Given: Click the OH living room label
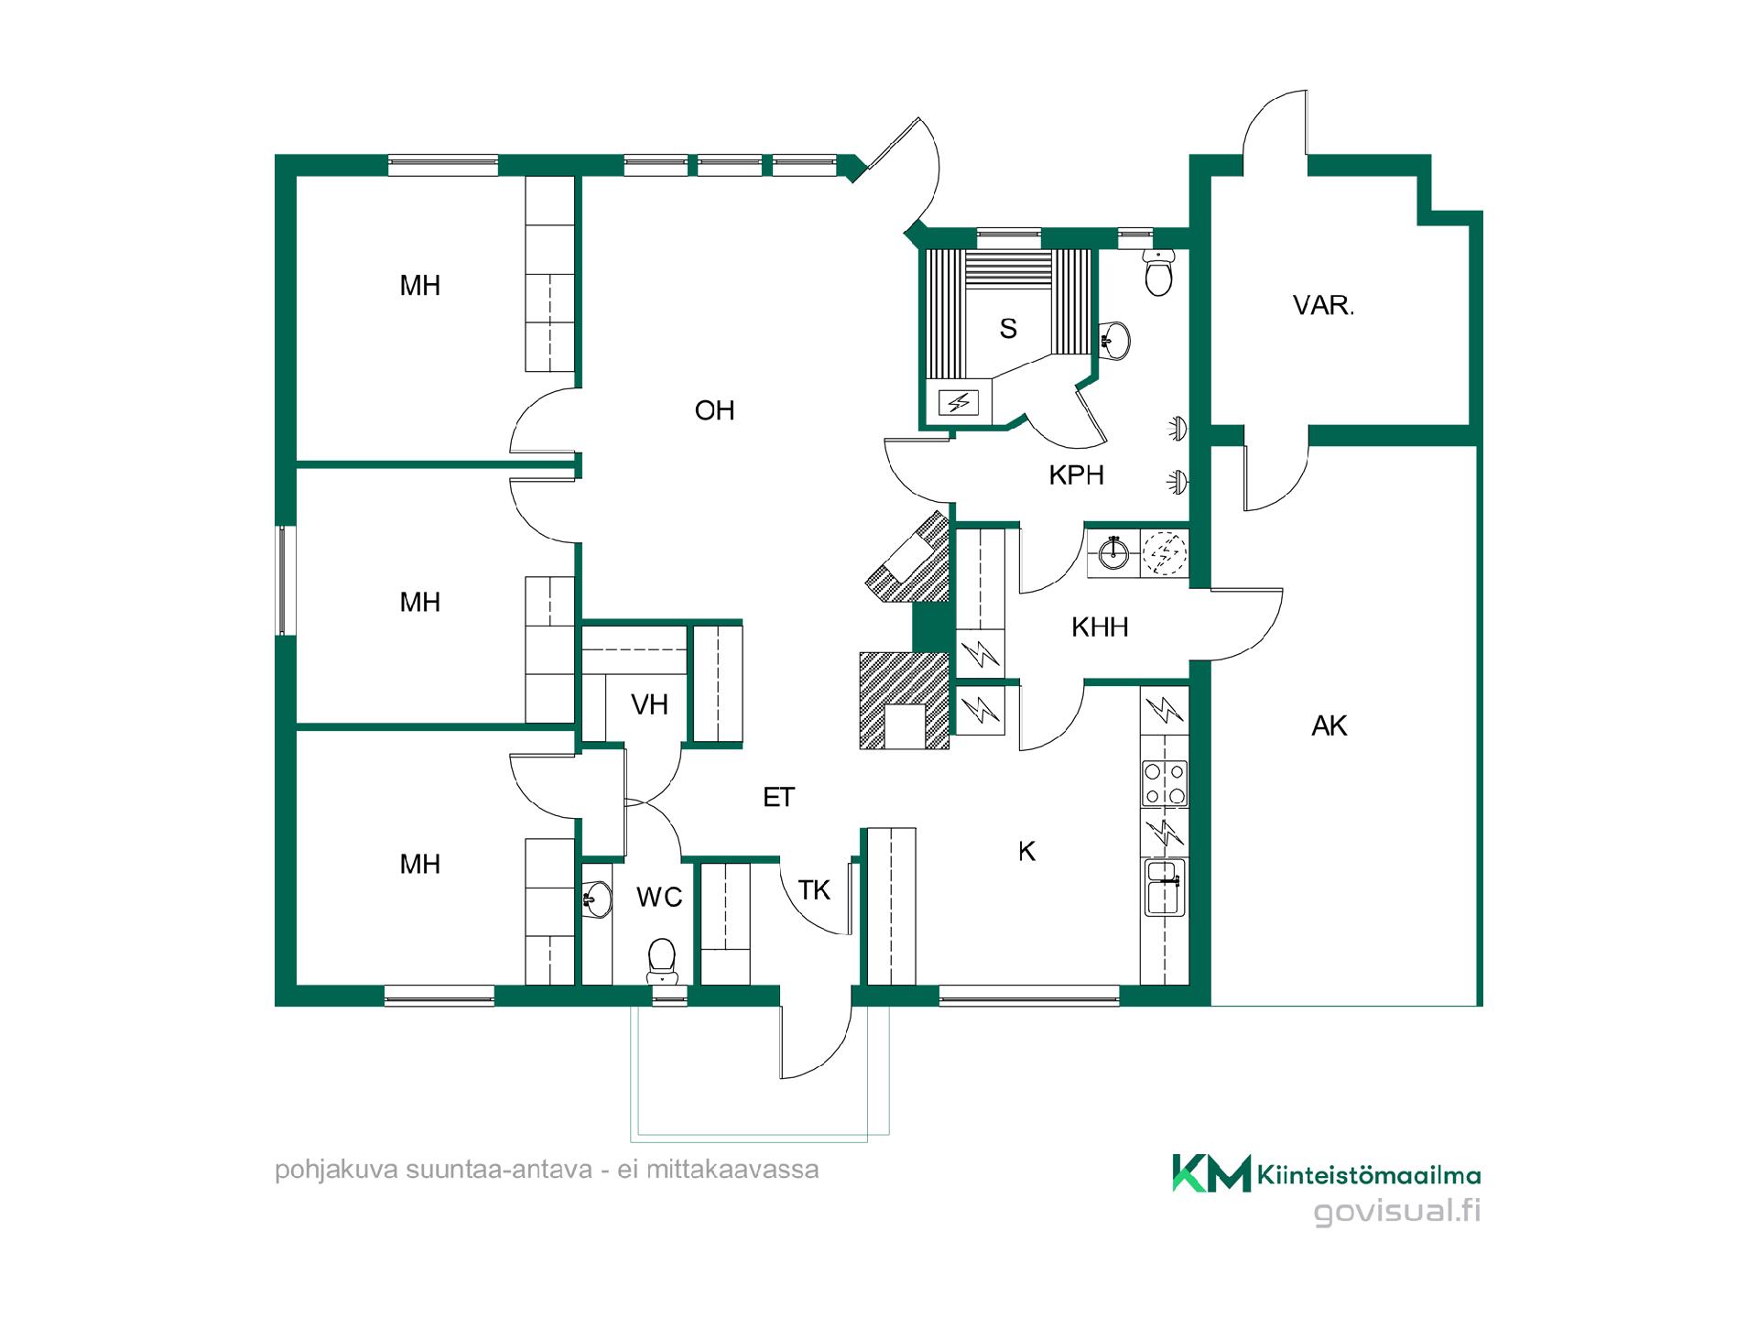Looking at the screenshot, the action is pyautogui.click(x=714, y=410).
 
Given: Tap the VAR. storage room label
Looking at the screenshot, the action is pyautogui.click(x=1323, y=305).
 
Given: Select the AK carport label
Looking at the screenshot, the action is pyautogui.click(x=1329, y=725).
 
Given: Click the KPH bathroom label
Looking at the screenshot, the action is pyautogui.click(x=1076, y=474).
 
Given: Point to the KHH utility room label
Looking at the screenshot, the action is pyautogui.click(x=1100, y=627).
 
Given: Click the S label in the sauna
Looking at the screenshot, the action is pyautogui.click(x=1008, y=328).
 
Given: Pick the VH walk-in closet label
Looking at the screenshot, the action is pyautogui.click(x=649, y=704).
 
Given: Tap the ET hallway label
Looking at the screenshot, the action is pyautogui.click(x=778, y=797).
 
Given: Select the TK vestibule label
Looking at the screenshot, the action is pyautogui.click(x=814, y=889).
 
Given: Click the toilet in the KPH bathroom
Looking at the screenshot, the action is pyautogui.click(x=1159, y=271).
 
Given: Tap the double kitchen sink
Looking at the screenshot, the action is pyautogui.click(x=1165, y=887).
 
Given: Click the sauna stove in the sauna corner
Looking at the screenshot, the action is pyautogui.click(x=959, y=401).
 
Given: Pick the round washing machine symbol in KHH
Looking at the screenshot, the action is pyautogui.click(x=1165, y=553).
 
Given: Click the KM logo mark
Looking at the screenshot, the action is pyautogui.click(x=1211, y=1173).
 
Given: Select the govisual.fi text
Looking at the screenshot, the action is pyautogui.click(x=1397, y=1211).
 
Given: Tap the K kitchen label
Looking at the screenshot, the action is pyautogui.click(x=1026, y=851).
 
